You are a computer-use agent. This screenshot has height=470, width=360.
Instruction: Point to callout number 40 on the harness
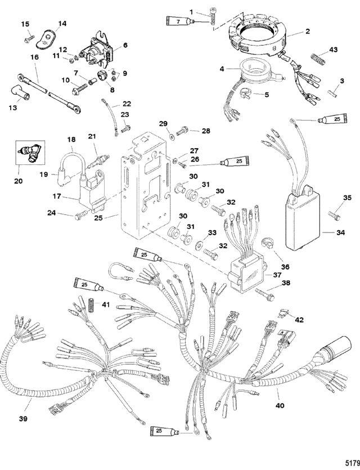pos(280,403)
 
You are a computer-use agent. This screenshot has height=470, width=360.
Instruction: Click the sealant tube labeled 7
pos(179,22)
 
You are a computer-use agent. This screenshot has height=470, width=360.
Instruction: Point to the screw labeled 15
pos(27,38)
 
